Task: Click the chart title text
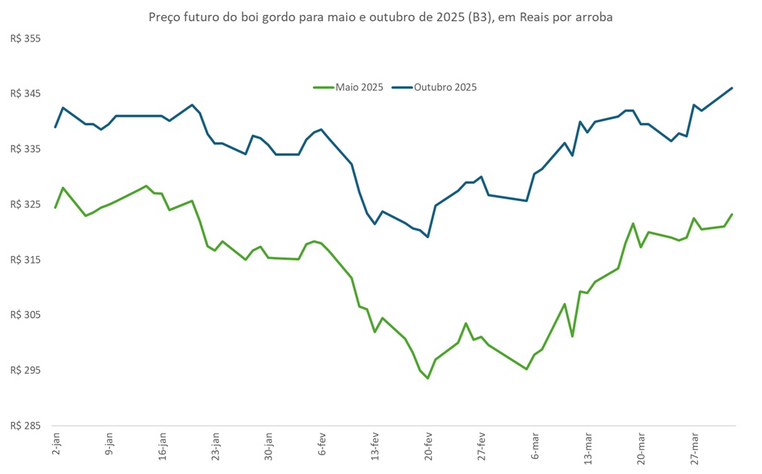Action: pos(381,17)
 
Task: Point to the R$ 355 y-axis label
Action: pos(25,39)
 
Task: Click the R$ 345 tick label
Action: pos(25,94)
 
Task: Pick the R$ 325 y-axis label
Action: pos(25,205)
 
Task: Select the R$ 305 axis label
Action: pos(25,316)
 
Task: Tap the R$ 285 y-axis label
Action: pos(25,427)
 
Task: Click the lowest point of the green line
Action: pos(428,378)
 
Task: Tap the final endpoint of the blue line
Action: pos(732,88)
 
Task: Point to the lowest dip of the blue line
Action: pos(428,237)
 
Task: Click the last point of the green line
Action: pos(732,214)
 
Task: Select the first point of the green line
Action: pos(55,208)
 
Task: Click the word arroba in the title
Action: pos(592,17)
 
